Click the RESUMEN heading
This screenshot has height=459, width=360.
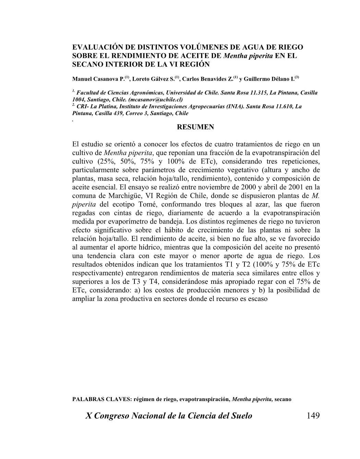195,127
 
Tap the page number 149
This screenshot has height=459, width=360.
313,416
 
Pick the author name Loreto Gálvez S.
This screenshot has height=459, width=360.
153,79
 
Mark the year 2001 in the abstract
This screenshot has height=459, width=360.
299,187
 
